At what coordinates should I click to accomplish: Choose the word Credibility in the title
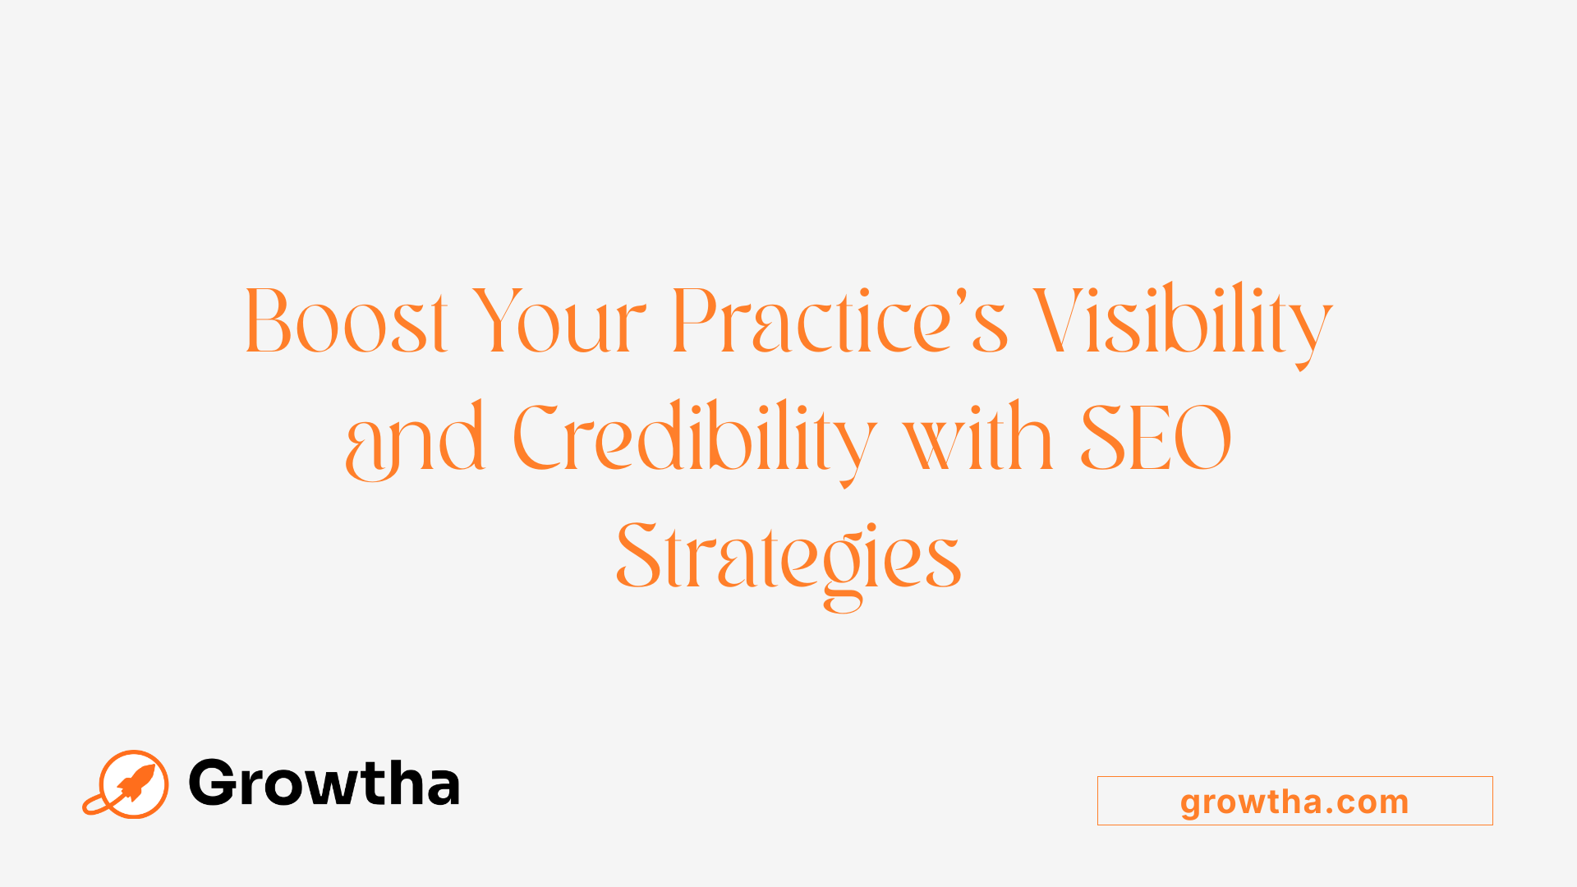pos(694,439)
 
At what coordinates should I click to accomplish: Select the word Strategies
pos(788,558)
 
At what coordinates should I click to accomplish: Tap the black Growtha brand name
pos(324,783)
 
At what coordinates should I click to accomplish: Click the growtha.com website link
pos(1294,801)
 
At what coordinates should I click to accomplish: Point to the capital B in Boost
pos(268,321)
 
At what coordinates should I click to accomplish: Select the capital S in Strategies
pos(639,556)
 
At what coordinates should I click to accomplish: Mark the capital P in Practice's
pos(693,321)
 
